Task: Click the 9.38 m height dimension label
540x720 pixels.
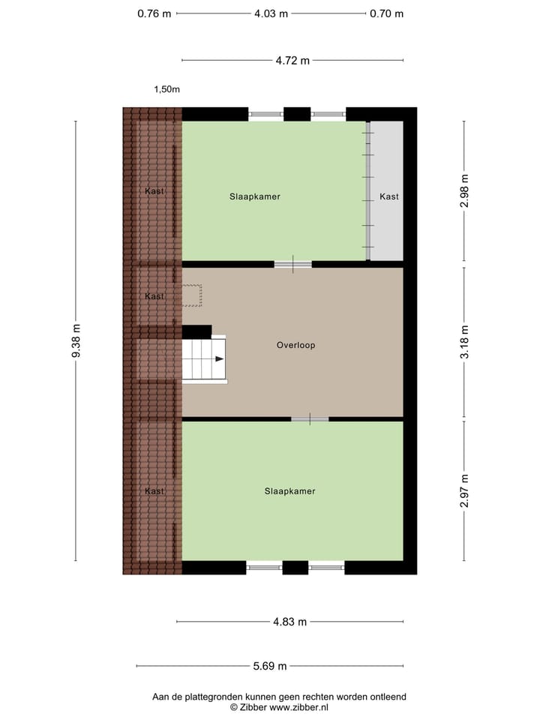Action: click(76, 340)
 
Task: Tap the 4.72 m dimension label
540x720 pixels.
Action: click(292, 61)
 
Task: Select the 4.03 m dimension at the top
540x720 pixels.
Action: click(271, 13)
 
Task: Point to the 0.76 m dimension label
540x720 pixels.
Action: click(154, 13)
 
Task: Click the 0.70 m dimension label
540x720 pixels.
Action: click(386, 13)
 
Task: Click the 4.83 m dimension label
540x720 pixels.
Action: click(289, 621)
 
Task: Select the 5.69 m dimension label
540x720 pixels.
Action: click(269, 665)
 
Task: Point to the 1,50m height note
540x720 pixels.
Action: click(166, 89)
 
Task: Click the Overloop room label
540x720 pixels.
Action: click(295, 346)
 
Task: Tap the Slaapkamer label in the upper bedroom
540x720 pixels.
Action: click(255, 196)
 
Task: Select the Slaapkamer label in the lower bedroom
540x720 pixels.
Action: click(289, 491)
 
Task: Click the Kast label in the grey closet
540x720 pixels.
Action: click(389, 196)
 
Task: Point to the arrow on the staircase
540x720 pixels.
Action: click(218, 359)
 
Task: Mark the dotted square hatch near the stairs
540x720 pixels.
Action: click(191, 295)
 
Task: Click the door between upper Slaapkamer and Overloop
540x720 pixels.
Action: click(292, 264)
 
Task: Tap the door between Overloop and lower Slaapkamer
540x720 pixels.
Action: click(310, 418)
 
